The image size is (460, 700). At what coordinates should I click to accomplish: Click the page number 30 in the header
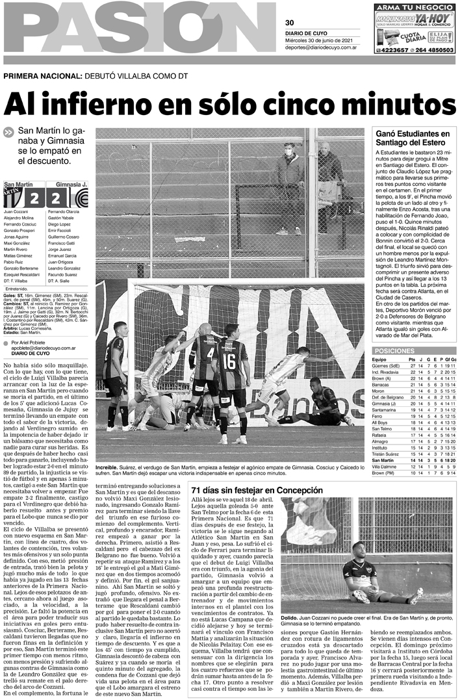(x=290, y=23)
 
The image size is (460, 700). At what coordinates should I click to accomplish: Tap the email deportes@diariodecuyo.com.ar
(x=319, y=46)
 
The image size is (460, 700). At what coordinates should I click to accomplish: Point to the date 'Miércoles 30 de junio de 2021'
(x=319, y=40)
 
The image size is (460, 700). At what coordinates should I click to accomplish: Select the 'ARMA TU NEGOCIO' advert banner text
(x=415, y=6)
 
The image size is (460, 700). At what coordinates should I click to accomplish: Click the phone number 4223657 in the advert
(x=392, y=49)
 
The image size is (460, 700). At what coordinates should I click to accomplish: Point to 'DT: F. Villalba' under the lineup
(x=19, y=281)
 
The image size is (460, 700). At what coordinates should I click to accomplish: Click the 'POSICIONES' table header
(x=395, y=350)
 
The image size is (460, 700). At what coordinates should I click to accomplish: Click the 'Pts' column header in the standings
(x=411, y=359)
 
